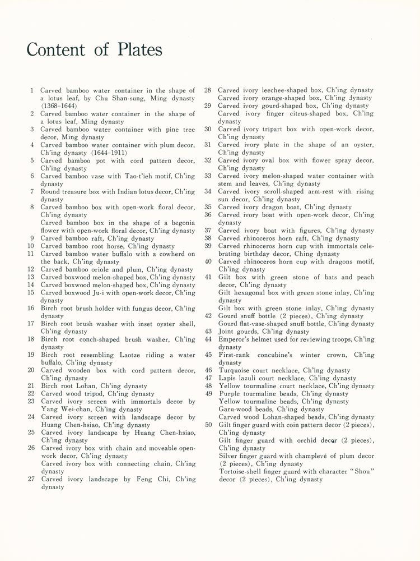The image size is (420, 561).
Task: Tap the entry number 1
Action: coord(32,90)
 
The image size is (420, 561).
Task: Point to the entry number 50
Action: coord(208,425)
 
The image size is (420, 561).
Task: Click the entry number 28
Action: coord(207,90)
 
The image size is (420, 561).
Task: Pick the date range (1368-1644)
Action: coord(59,106)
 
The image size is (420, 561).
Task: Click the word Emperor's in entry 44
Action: coord(236,339)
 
